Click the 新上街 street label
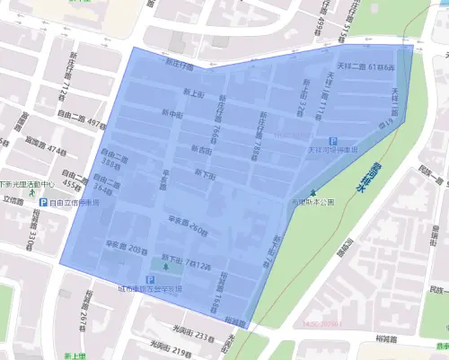tap(194, 93)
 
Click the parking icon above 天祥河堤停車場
tap(334, 141)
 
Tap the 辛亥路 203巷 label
tap(126, 244)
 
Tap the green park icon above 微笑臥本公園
tap(313, 194)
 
